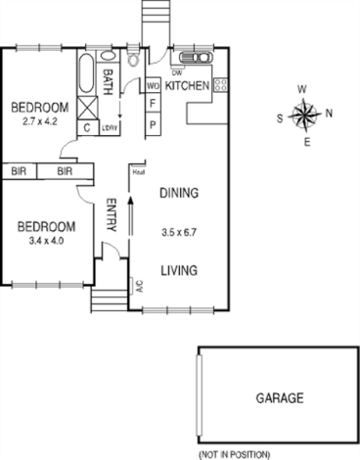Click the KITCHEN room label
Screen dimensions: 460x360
(187, 87)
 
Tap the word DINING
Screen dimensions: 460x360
(179, 193)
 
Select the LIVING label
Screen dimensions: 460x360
(179, 270)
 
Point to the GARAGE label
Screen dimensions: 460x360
(280, 398)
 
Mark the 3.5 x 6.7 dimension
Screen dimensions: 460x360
(179, 234)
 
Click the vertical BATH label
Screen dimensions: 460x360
(108, 78)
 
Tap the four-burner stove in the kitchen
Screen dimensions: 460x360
(220, 85)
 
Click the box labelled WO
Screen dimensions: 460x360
(153, 86)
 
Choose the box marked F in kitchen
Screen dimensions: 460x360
(153, 103)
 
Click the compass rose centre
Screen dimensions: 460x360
(305, 116)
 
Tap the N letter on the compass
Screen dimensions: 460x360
(329, 113)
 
